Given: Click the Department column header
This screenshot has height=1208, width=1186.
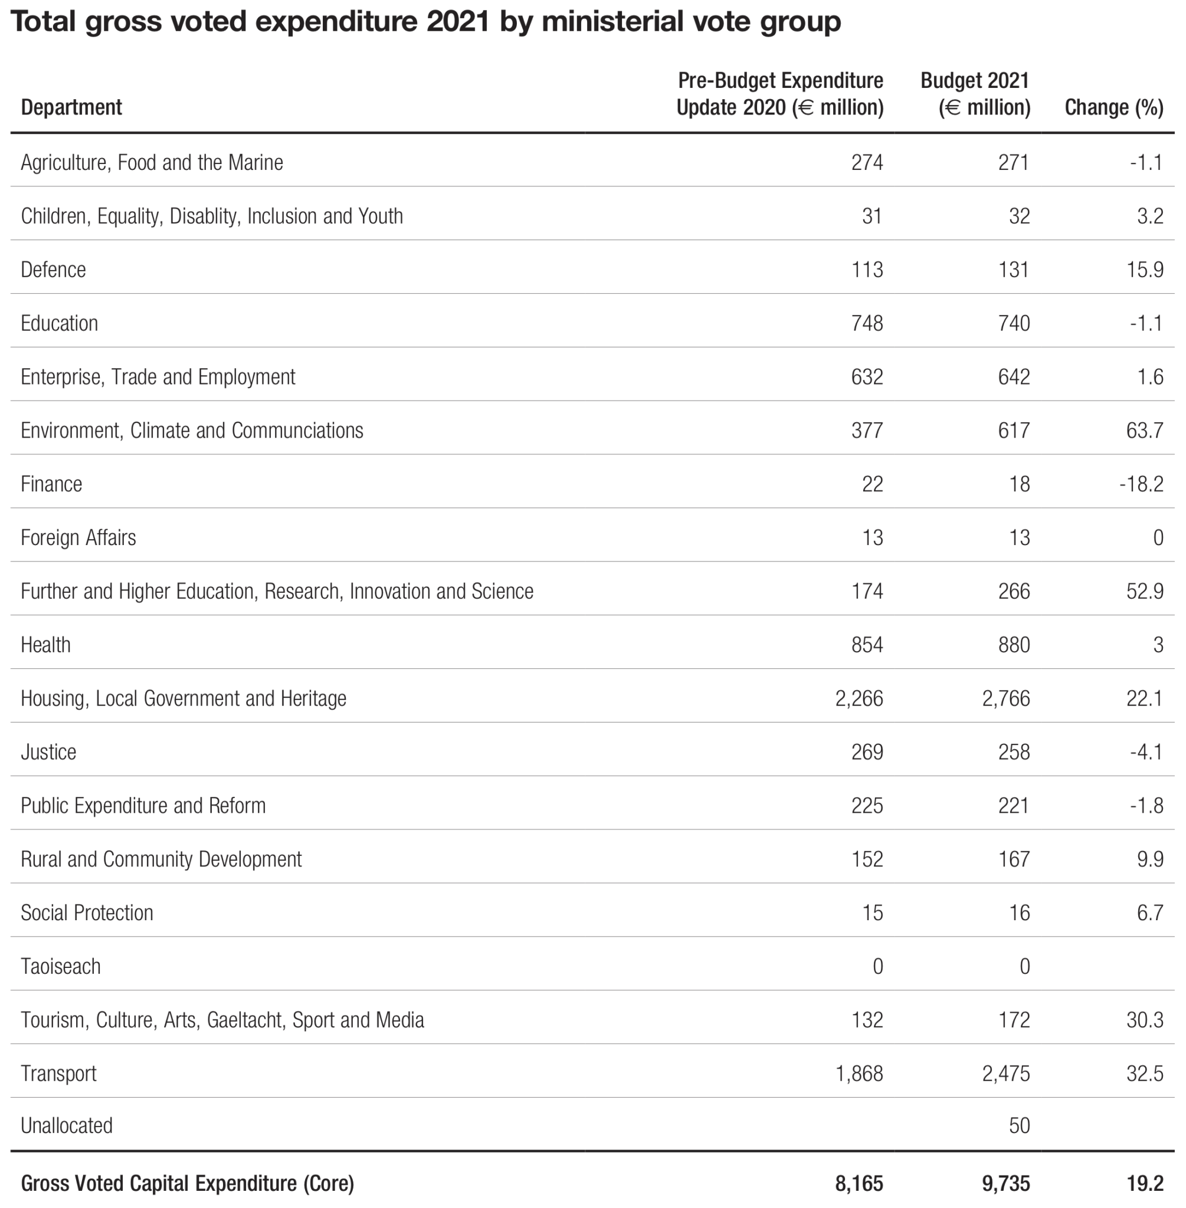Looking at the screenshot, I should (71, 107).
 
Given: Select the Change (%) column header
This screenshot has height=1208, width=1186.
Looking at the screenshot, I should (1114, 107).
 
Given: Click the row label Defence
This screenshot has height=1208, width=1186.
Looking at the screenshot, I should (54, 270).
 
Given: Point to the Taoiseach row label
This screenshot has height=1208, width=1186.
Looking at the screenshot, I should (60, 966).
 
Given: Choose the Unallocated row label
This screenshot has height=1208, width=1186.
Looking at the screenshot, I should (67, 1125).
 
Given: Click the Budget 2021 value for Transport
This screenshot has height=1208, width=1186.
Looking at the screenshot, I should (1006, 1073).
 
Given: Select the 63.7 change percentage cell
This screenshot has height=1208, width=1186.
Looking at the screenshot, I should (1144, 430).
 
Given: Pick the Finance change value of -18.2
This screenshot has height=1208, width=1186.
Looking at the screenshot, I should (1141, 484).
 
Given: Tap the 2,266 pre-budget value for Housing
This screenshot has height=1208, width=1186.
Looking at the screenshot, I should (859, 698).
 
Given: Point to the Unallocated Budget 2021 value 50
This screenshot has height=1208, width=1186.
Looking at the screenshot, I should (1019, 1125).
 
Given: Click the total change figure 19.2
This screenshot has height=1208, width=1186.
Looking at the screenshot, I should (1145, 1183).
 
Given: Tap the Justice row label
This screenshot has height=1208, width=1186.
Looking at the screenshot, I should (48, 751).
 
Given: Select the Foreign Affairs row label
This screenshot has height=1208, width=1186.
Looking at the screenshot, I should (78, 537).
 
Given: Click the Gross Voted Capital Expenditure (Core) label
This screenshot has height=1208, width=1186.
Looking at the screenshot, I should (188, 1183).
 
